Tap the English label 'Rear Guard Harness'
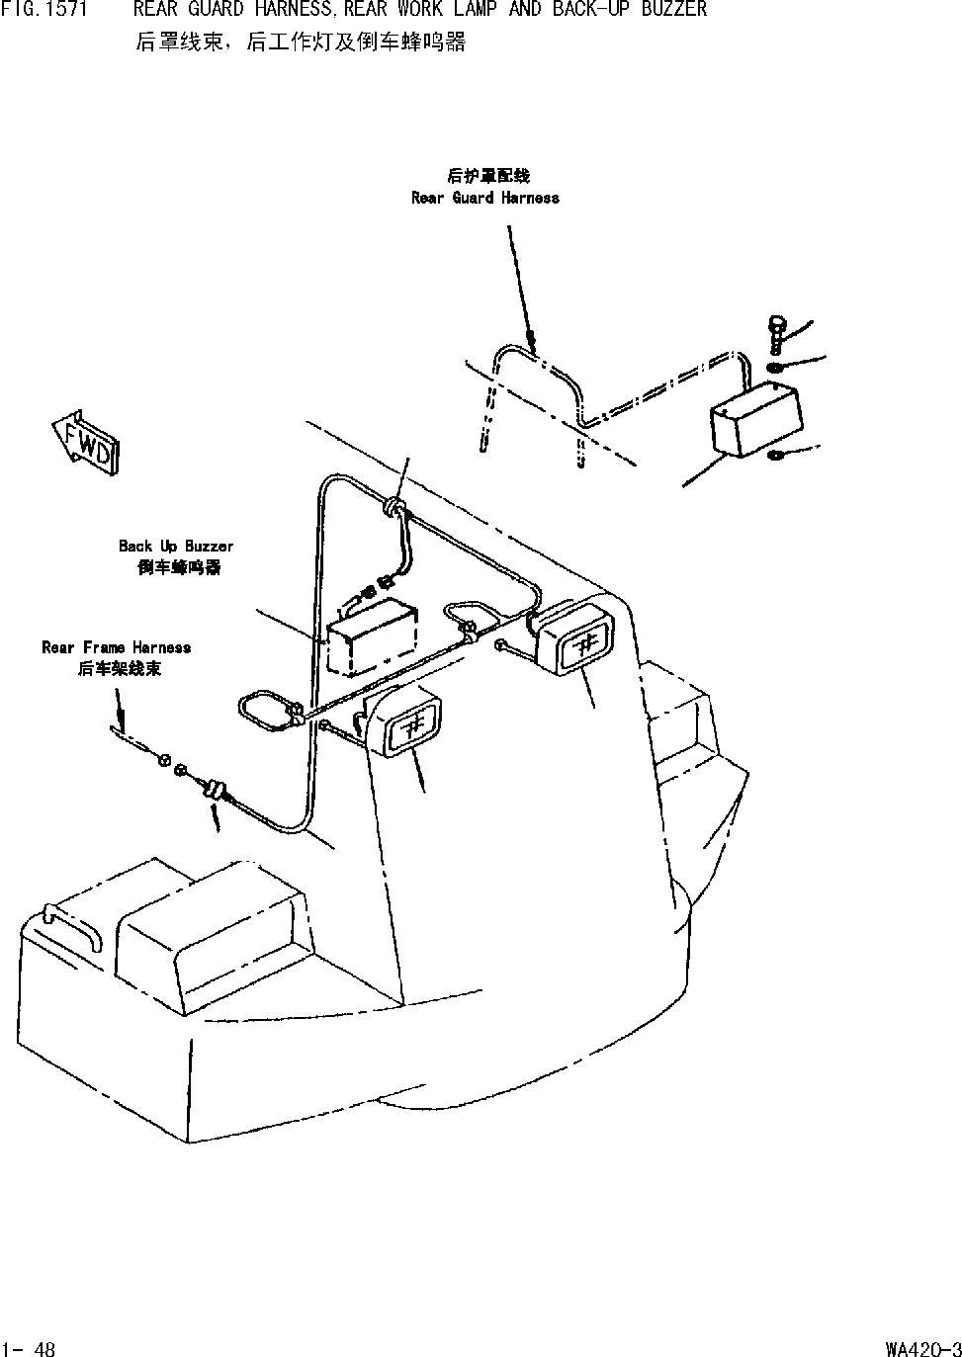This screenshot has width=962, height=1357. tap(484, 198)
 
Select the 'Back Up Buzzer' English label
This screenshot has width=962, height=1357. tap(176, 547)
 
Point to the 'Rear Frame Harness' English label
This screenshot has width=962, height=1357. tap(116, 648)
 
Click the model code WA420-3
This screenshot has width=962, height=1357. tap(923, 1348)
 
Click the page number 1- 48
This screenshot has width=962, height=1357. tap(29, 1348)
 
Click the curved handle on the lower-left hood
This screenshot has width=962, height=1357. tap(72, 927)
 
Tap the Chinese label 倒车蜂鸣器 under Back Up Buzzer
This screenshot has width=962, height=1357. tap(179, 568)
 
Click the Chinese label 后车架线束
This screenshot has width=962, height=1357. tap(119, 669)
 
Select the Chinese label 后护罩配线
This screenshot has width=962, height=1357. tap(487, 176)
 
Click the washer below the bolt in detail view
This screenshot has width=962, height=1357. tap(777, 369)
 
